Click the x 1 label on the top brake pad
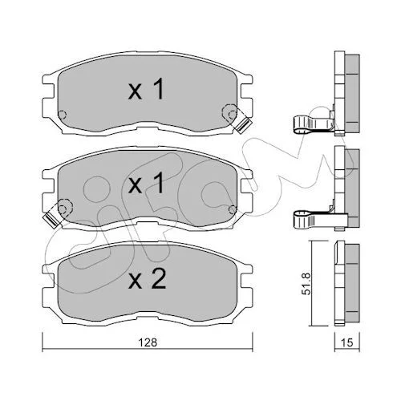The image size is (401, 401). [146, 89]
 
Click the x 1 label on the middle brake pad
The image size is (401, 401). [146, 183]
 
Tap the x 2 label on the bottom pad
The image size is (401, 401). [147, 278]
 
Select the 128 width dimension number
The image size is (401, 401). [148, 342]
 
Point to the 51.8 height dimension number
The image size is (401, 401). [307, 284]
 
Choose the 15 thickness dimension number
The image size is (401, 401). [347, 342]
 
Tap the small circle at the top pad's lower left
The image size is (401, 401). [62, 115]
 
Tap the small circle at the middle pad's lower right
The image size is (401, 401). [233, 210]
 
